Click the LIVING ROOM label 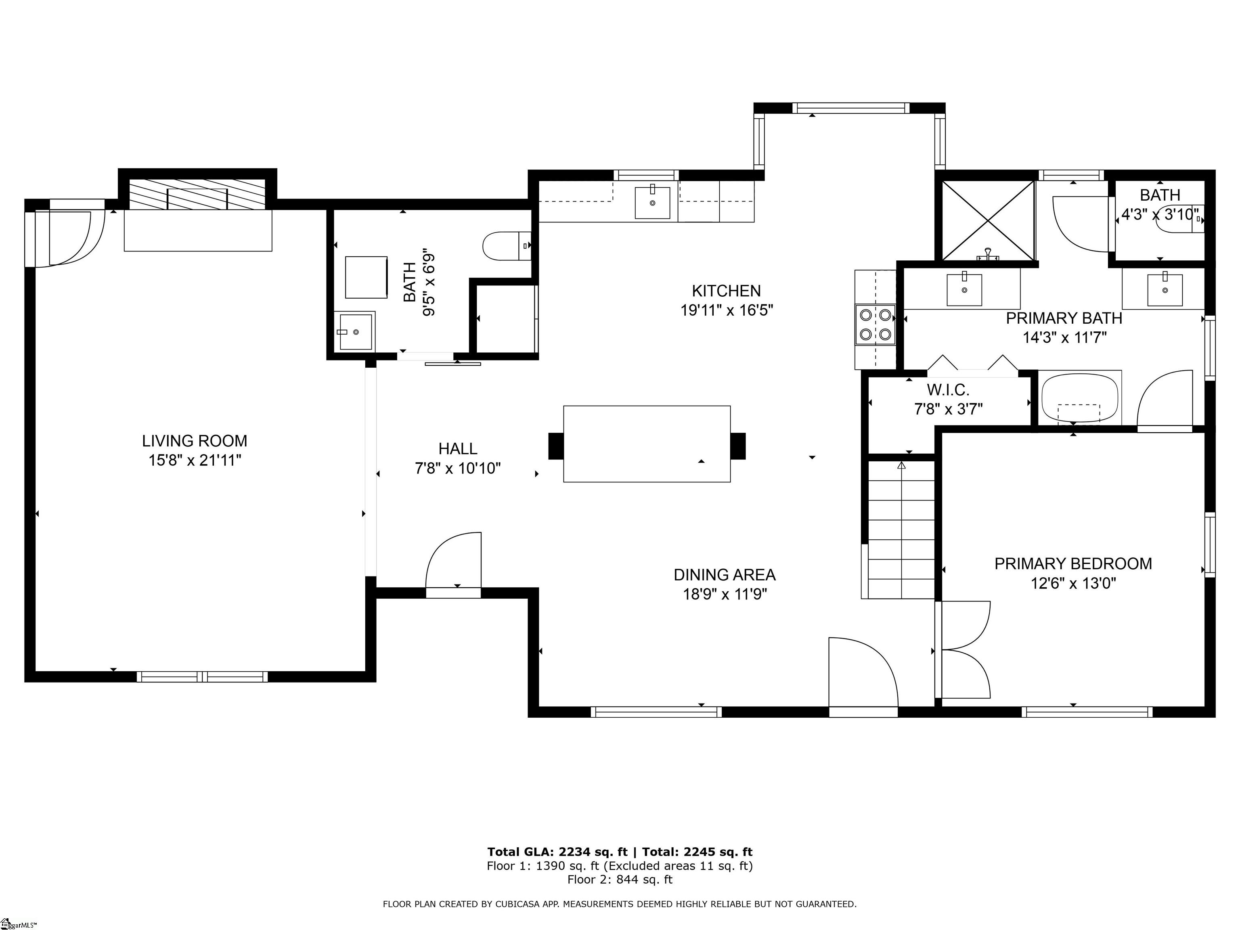(x=194, y=441)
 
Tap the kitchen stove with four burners (x=875, y=325)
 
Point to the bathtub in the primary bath (x=1079, y=398)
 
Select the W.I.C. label (x=948, y=390)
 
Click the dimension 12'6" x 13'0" (x=1073, y=584)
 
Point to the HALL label (x=457, y=448)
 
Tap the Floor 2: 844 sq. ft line (x=620, y=879)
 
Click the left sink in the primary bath (x=964, y=289)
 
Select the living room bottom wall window (x=202, y=677)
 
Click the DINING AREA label (x=724, y=575)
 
